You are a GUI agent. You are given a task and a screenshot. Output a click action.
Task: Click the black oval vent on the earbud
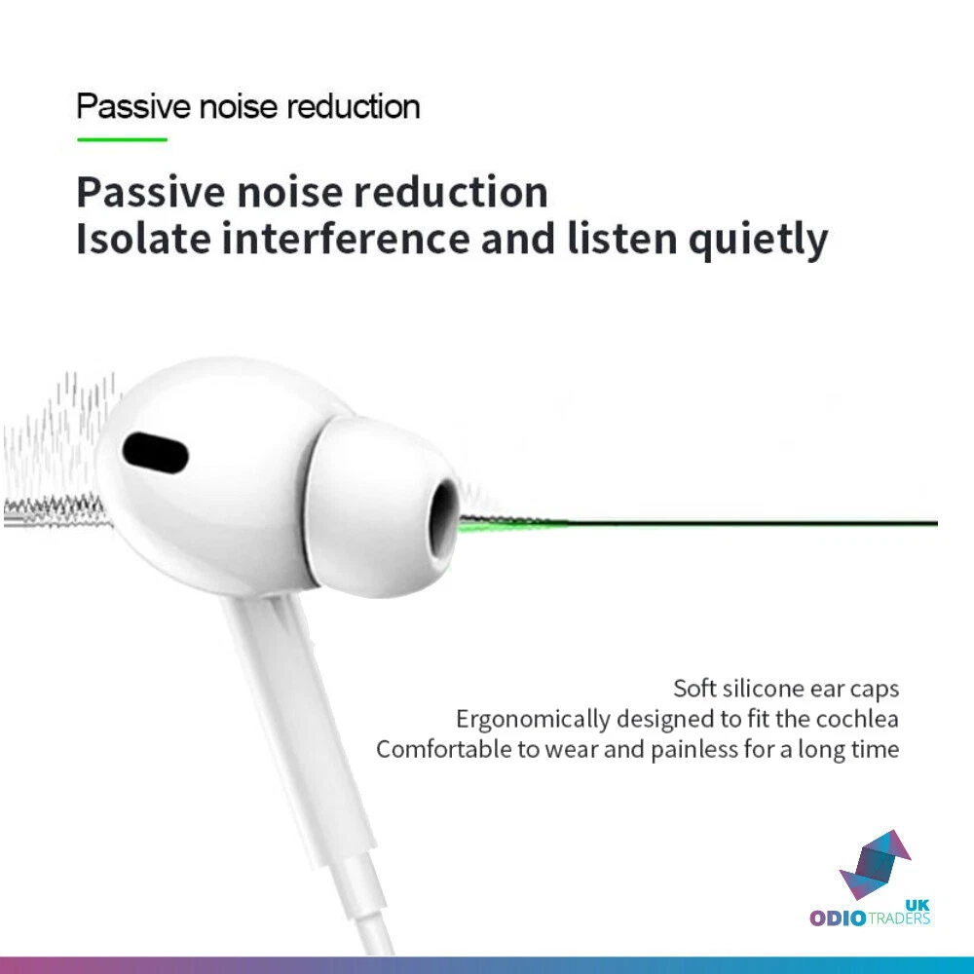(x=155, y=452)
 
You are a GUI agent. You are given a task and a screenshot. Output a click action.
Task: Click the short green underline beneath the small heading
(x=123, y=139)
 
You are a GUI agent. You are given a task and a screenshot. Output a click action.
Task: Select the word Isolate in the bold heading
(x=143, y=239)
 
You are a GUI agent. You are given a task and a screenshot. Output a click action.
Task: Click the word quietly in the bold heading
(x=758, y=241)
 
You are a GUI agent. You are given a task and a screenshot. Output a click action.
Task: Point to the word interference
(x=346, y=239)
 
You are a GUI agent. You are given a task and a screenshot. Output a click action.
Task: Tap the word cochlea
(x=857, y=719)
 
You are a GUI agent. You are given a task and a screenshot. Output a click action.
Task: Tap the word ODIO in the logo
(x=838, y=918)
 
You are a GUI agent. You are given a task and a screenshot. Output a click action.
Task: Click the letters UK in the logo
(x=918, y=905)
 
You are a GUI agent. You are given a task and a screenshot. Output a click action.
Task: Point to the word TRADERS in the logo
(x=899, y=918)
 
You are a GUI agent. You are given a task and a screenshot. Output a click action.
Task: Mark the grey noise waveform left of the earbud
(x=59, y=453)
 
